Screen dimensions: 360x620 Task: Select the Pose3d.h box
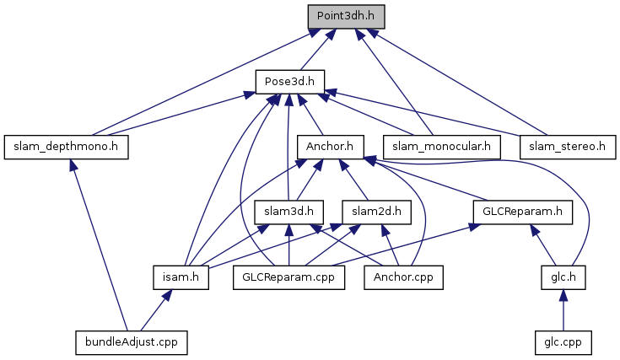[290, 81]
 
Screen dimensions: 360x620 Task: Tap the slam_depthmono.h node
[65, 147]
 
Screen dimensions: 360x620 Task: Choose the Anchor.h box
[330, 147]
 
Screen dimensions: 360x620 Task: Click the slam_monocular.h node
[441, 147]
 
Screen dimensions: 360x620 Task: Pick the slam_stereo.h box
[567, 147]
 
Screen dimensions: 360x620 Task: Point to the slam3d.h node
[289, 211]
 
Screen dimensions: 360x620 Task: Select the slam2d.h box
[376, 211]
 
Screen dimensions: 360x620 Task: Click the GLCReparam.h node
[523, 211]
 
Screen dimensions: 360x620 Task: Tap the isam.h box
[181, 277]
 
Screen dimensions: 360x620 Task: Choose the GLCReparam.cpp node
[289, 277]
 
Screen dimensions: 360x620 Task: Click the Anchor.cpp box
[402, 277]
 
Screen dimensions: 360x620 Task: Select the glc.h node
[563, 277]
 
